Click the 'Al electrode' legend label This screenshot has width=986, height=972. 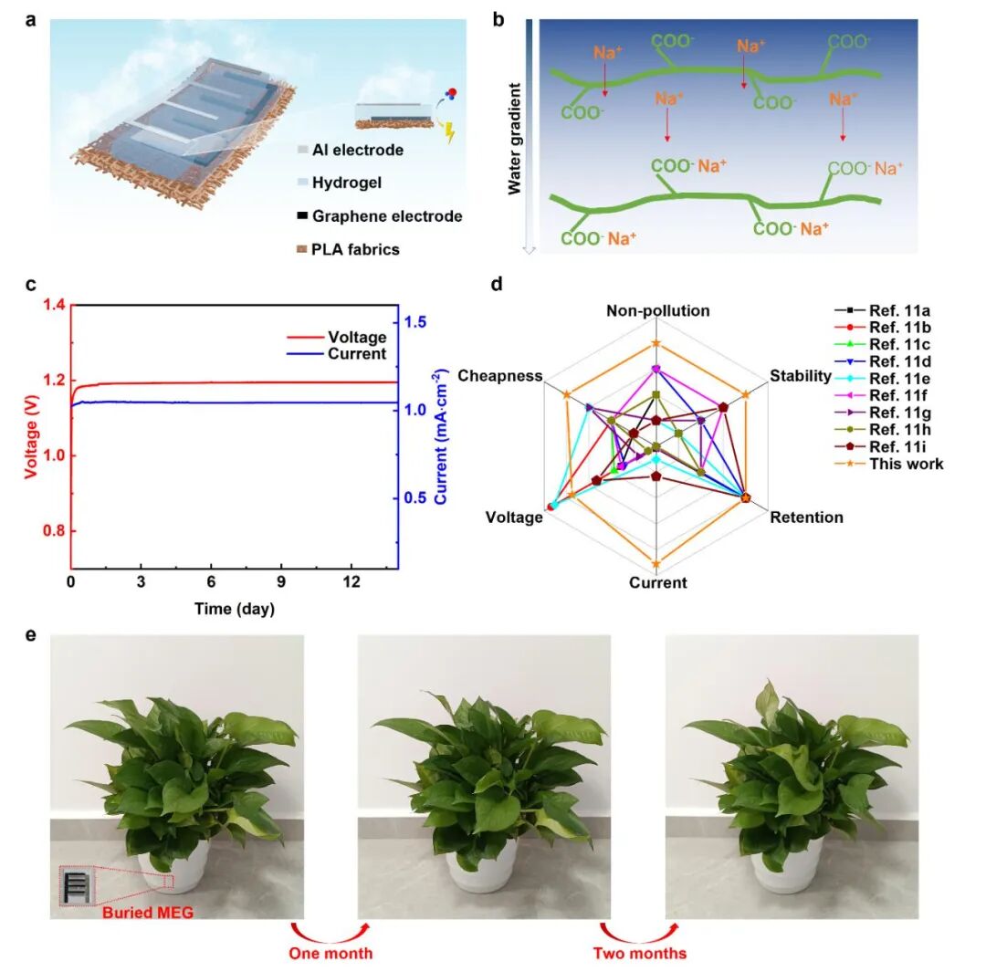[358, 151]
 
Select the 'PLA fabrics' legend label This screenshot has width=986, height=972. [355, 249]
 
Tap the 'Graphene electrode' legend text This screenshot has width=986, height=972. [387, 216]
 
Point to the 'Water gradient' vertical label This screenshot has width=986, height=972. [514, 139]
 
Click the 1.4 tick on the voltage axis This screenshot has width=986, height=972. [54, 305]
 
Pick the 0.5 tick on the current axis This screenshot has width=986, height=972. [415, 498]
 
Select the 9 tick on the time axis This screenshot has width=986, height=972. [281, 582]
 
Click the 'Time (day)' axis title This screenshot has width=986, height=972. [235, 609]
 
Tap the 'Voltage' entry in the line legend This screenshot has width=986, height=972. [357, 338]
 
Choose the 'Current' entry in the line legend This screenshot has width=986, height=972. [357, 354]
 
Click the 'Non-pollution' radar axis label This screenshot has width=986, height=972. [657, 310]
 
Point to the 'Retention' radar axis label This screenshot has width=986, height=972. [807, 517]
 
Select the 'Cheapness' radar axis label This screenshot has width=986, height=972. [500, 376]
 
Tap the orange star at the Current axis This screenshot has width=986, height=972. [656, 564]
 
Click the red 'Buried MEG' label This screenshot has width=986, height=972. [148, 913]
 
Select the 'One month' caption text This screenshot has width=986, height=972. [330, 953]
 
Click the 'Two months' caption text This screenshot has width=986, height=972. [639, 953]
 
